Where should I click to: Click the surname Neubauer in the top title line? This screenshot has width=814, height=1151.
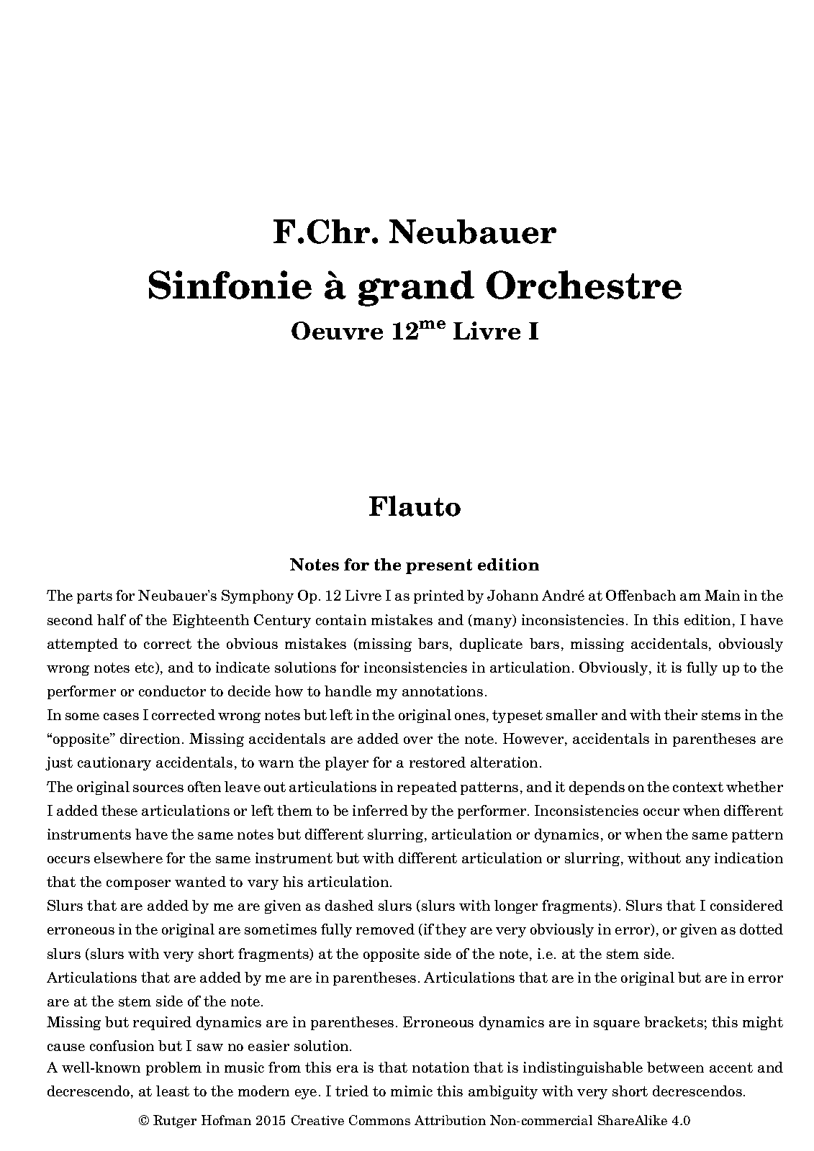(473, 233)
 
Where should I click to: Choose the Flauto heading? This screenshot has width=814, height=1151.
(415, 506)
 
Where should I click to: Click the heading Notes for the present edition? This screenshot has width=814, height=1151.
(415, 565)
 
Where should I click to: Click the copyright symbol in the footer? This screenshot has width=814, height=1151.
(143, 1120)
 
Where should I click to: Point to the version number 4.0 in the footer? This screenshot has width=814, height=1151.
(680, 1120)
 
